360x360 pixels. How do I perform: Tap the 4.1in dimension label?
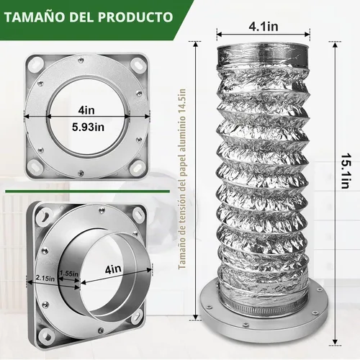coord(264,27)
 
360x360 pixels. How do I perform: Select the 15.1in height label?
coord(346,171)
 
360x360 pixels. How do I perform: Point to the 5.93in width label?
coord(88,127)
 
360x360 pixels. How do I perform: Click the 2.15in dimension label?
coord(45,279)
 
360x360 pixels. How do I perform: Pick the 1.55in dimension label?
coord(68,274)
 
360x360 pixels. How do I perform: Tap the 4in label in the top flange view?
coord(86,110)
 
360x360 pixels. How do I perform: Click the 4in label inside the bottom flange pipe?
coord(113,269)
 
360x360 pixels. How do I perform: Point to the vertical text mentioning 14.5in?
coord(182,179)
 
